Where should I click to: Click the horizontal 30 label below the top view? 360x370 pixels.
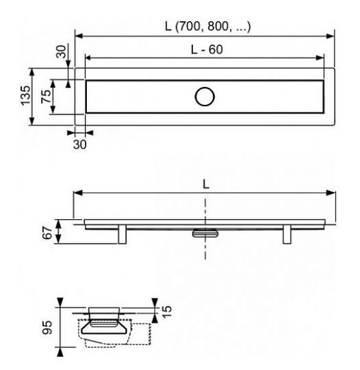[x=80, y=145]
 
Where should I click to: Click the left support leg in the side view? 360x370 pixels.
[x=124, y=234]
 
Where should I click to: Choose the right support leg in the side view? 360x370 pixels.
[x=286, y=234]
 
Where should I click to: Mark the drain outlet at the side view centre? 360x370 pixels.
[x=205, y=234]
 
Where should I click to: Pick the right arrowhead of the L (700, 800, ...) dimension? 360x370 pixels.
[x=331, y=36]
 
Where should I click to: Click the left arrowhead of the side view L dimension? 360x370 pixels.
[x=78, y=194]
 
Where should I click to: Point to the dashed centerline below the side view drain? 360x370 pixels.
[x=205, y=250]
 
